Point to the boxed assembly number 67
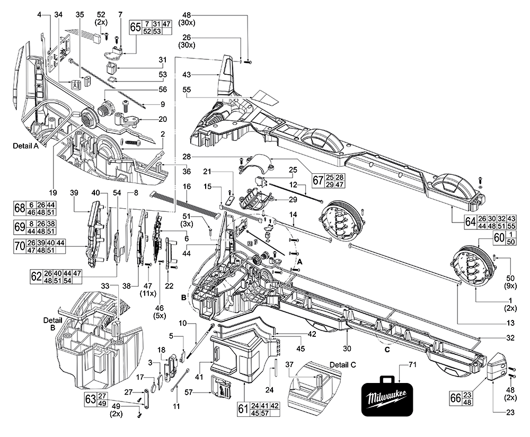[318, 180]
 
